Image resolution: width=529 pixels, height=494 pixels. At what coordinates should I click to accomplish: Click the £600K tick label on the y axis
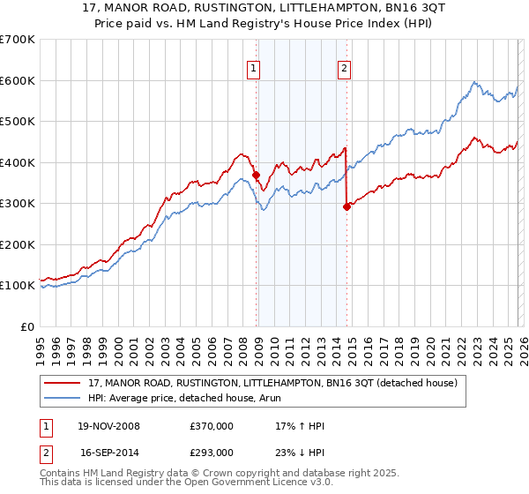18,80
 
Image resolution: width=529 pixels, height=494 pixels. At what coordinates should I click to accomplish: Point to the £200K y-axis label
18,244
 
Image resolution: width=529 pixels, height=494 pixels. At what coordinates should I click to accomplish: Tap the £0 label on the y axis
27,326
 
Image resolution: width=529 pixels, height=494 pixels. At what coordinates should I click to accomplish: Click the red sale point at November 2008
257,175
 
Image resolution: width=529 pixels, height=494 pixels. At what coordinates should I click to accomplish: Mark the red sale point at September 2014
346,206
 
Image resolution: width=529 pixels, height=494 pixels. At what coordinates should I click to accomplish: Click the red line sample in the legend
63,384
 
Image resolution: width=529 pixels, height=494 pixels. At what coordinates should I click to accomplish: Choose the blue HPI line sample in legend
63,399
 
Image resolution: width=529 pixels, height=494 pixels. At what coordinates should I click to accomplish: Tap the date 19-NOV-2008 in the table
108,426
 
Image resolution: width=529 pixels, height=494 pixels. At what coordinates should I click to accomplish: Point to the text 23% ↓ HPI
300,452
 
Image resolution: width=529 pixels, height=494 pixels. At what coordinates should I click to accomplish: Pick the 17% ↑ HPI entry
300,426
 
